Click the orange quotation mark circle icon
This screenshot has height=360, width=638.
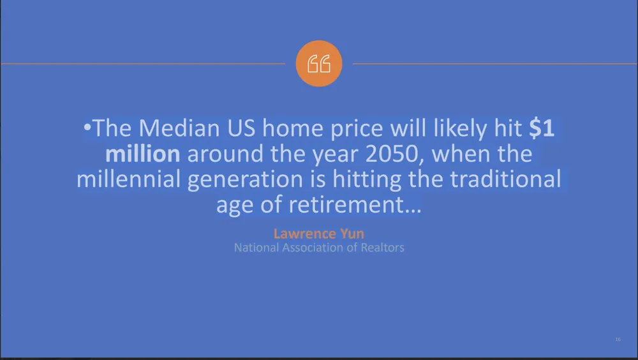click(x=318, y=64)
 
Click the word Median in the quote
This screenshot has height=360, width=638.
click(x=179, y=128)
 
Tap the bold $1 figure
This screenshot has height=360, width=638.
click(x=542, y=128)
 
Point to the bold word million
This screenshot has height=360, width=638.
click(x=143, y=154)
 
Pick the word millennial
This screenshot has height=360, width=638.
click(x=129, y=179)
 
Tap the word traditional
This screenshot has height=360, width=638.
click(x=505, y=179)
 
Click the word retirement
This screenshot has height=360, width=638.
click(x=350, y=204)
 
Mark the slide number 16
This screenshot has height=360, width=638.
click(x=618, y=339)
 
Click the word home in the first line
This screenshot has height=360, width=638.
click(x=293, y=128)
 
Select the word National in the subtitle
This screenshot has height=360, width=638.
click(x=256, y=248)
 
